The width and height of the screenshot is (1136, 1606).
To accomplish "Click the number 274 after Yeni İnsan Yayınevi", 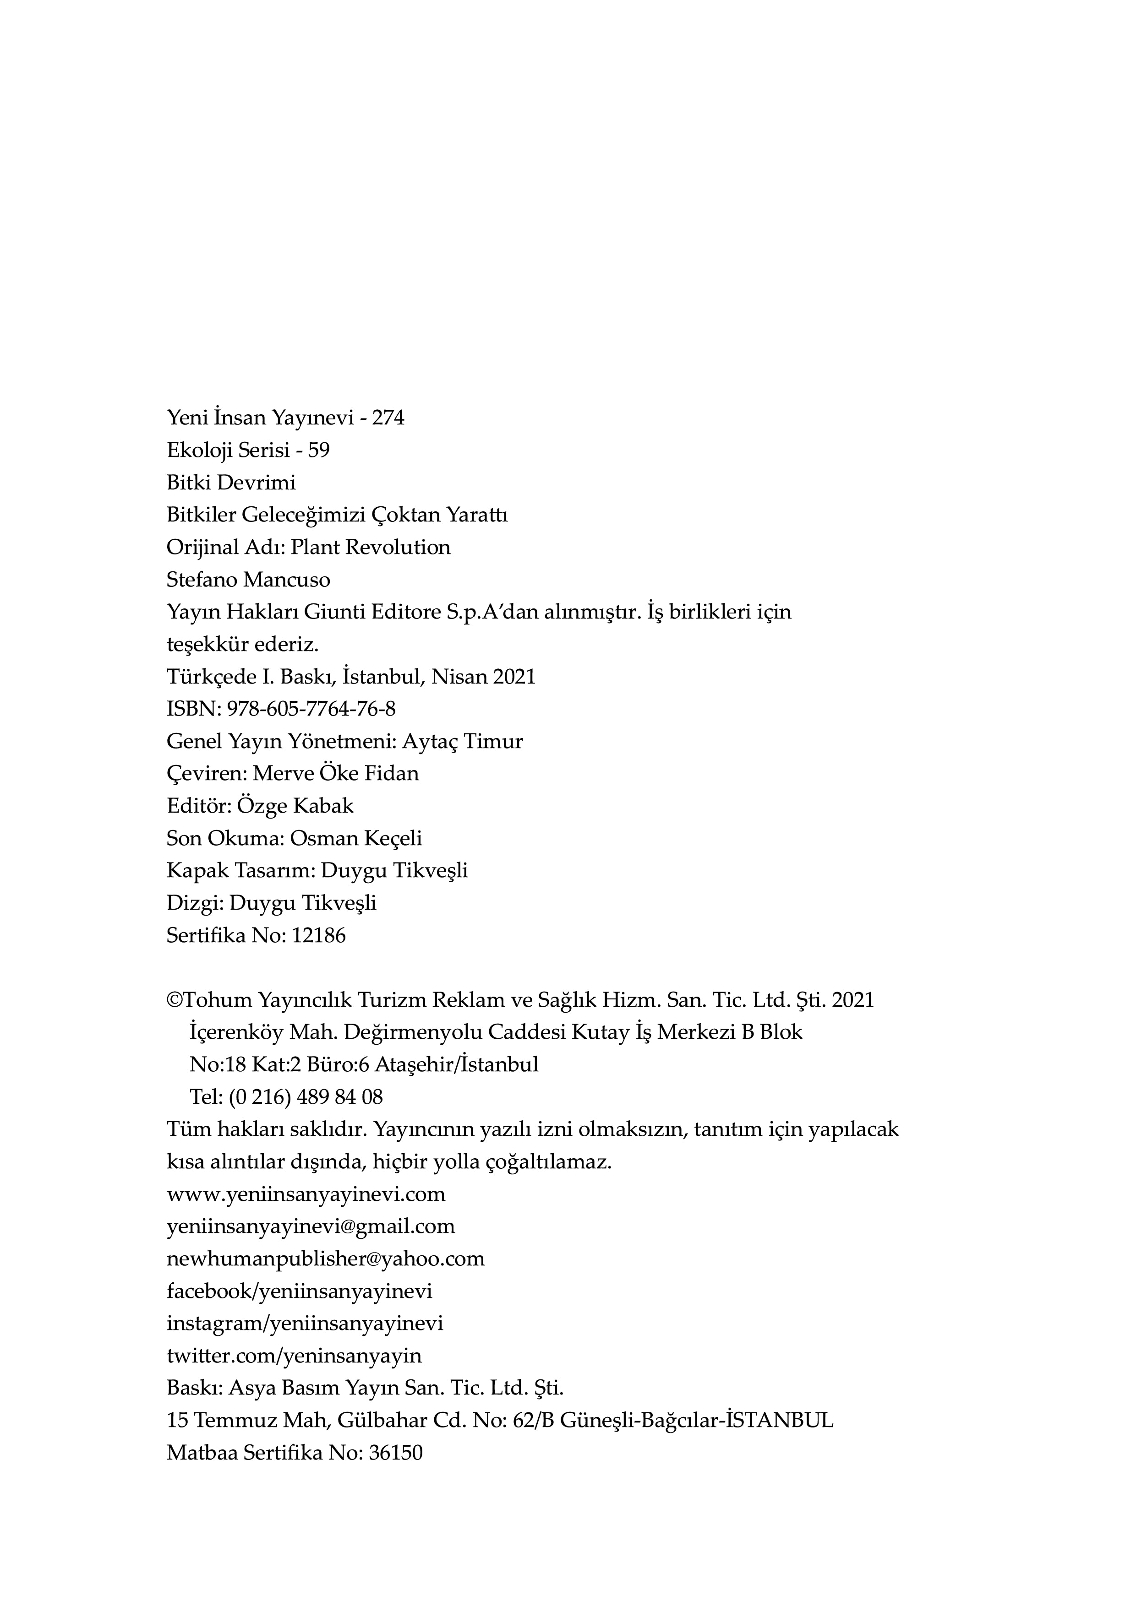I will point(388,418).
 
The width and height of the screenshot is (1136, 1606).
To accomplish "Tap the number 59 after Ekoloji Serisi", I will point(318,450).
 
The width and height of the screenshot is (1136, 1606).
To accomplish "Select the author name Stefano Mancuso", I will point(248,580).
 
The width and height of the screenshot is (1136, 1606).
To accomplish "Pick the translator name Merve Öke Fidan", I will point(336,774).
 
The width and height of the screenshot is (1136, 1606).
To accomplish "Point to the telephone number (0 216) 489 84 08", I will point(306,1097).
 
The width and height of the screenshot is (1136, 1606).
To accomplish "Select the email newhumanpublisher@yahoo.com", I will point(326,1259).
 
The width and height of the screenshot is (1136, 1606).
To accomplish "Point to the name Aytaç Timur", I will point(463,742).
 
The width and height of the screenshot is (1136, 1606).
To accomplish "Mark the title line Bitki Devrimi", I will point(231,483).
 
